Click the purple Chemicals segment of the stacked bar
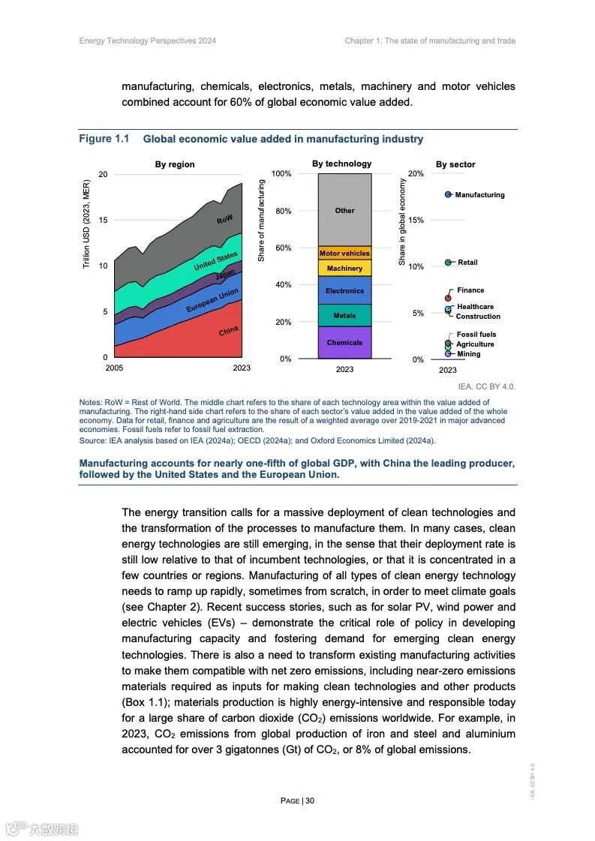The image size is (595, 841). pos(344,343)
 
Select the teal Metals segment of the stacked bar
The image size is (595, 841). pos(344,315)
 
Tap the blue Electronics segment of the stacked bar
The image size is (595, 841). pos(344,290)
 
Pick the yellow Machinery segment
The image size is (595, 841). pos(344,268)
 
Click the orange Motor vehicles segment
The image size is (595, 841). pos(344,254)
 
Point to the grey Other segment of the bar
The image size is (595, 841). pos(344,210)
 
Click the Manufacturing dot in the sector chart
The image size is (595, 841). pos(448,194)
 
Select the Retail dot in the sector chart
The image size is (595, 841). pos(448,263)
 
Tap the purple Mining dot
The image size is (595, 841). pos(448,353)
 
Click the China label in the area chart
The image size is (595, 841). pos(229,330)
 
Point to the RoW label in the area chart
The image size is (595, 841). pos(225,220)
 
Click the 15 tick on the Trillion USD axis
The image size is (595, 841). pos(104,221)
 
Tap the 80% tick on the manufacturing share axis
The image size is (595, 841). pos(281,211)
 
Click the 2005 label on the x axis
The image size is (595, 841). pos(114,368)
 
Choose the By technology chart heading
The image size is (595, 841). pos(341,164)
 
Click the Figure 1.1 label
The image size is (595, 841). pos(104,139)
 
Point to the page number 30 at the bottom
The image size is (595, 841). pos(310,800)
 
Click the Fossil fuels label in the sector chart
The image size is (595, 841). pos(476,335)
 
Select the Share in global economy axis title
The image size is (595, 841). pos(402,223)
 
